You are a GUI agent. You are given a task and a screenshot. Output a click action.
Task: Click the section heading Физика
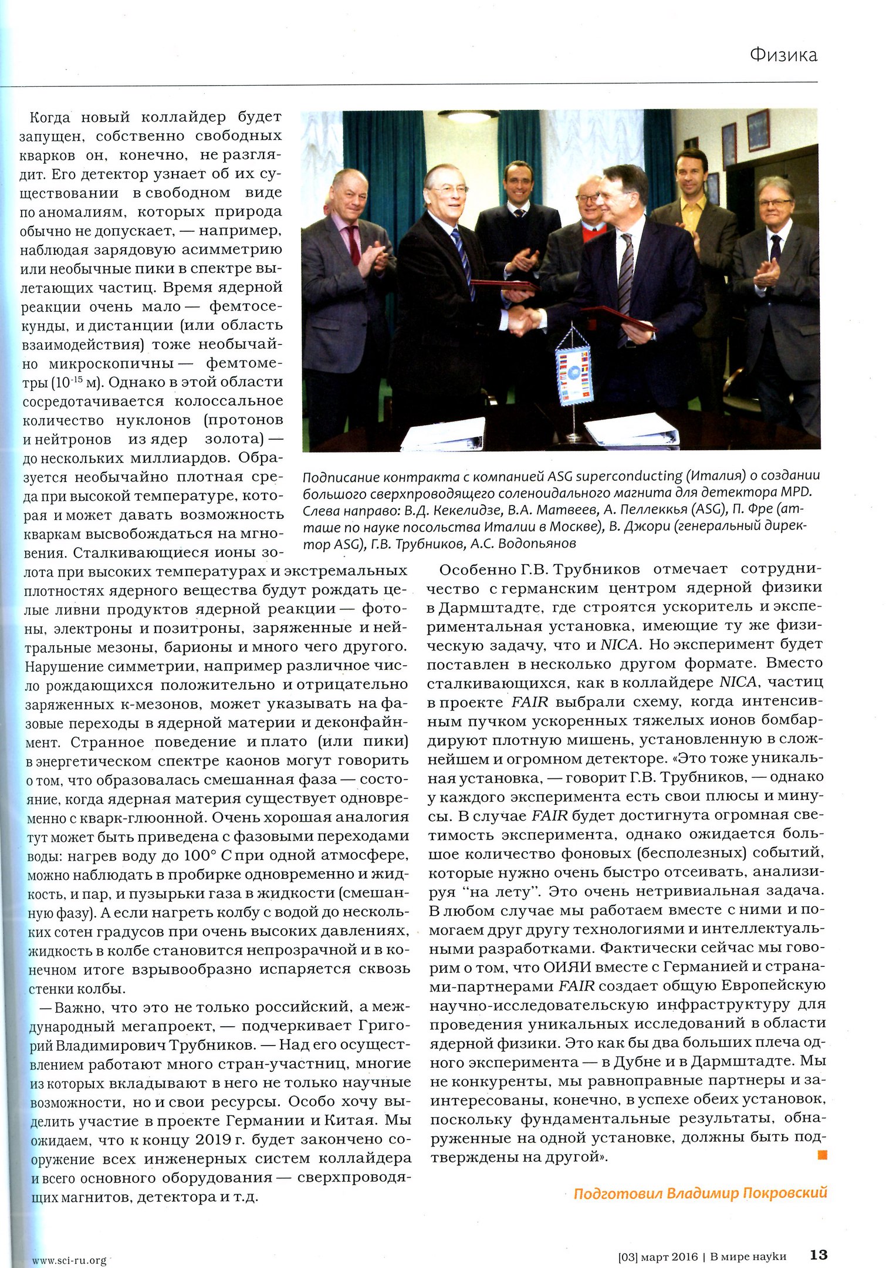[x=783, y=55]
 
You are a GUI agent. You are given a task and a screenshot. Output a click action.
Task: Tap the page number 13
[x=818, y=1255]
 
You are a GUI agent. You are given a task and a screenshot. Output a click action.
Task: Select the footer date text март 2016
[x=669, y=1257]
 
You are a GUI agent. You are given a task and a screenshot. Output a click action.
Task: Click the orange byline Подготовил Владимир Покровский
[x=700, y=1193]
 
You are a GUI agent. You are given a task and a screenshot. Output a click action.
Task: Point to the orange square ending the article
[x=821, y=1155]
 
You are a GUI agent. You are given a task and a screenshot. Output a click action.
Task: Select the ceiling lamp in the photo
[x=464, y=115]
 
